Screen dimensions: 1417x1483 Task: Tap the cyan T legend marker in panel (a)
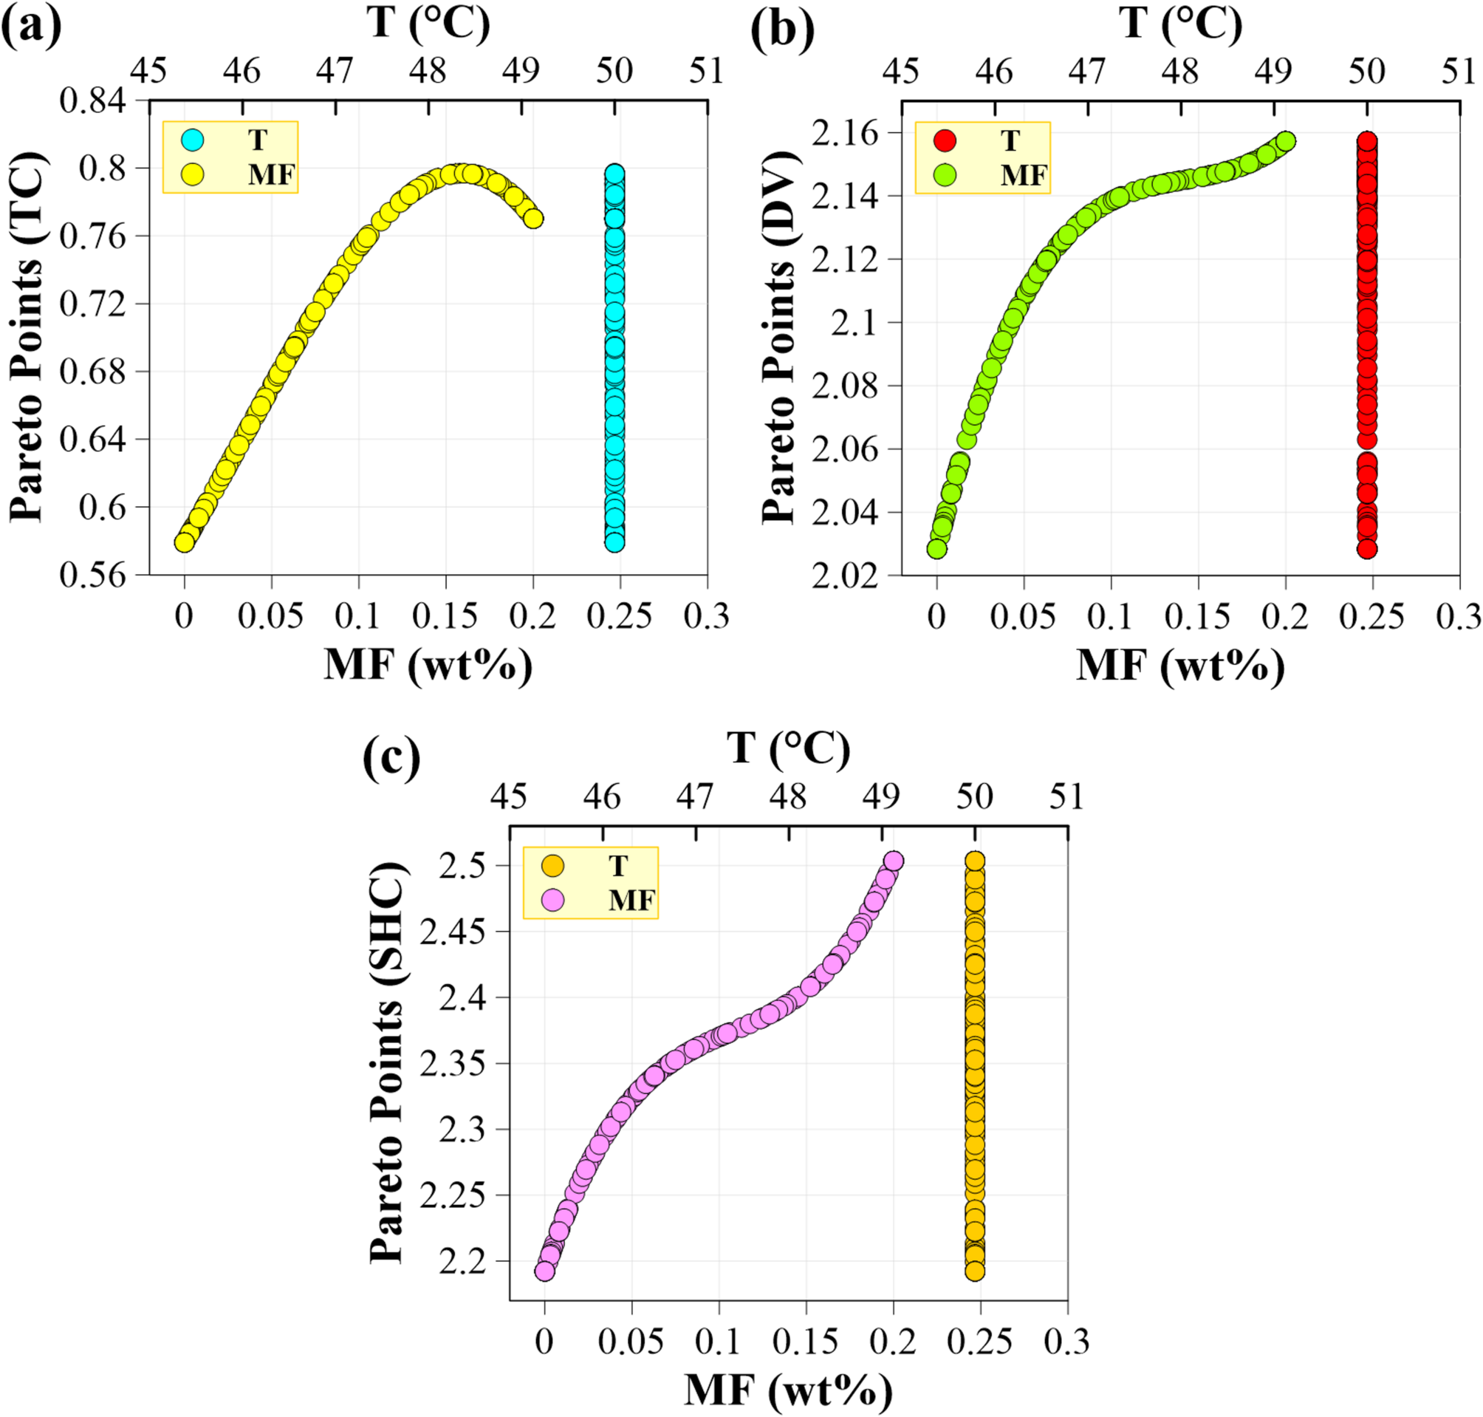[x=193, y=140]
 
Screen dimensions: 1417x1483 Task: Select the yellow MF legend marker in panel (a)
[x=193, y=174]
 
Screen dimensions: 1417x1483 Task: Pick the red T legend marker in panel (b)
[x=945, y=140]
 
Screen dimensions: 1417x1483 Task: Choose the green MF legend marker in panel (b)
[x=945, y=175]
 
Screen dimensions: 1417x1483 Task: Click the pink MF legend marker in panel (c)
[x=553, y=901]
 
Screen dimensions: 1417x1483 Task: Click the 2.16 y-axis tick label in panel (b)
[x=845, y=133]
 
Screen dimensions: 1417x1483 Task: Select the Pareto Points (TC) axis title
[x=29, y=337]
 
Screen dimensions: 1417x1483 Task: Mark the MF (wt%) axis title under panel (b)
[x=1179, y=666]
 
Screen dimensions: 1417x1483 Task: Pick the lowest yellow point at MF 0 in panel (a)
[x=183, y=542]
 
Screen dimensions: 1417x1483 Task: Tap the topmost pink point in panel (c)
[x=894, y=861]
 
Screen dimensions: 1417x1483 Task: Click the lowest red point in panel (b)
[x=1367, y=549]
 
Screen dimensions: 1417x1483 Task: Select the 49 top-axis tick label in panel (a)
[x=521, y=71]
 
